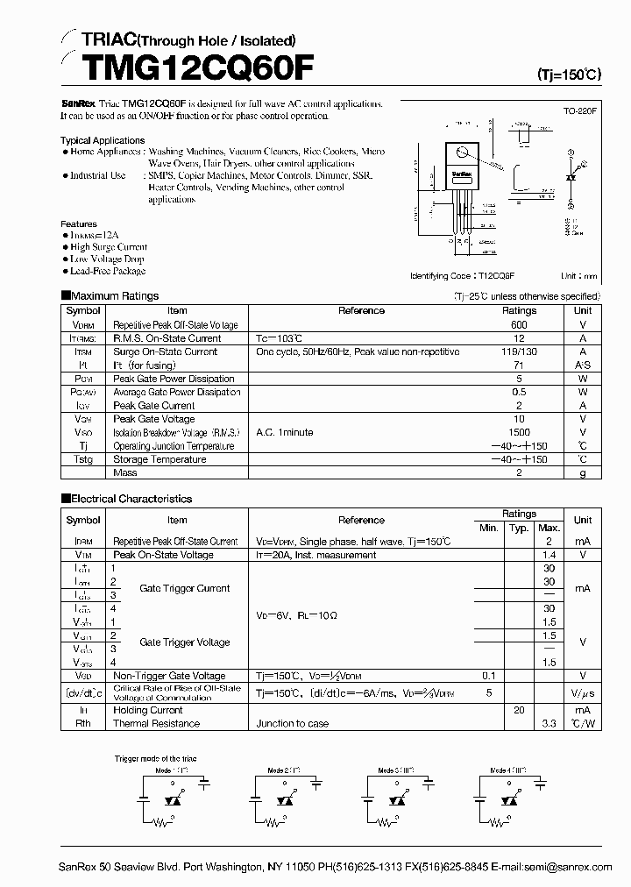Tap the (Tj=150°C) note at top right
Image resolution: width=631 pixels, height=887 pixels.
569,75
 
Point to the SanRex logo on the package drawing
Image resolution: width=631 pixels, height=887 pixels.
461,174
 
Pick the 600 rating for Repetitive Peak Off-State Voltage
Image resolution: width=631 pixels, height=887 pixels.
519,324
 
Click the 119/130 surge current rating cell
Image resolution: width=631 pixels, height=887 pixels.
519,351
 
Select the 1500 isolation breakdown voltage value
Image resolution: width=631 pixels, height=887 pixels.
519,432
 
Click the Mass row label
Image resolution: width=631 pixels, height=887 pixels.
125,472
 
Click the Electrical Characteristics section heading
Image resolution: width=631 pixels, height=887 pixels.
125,499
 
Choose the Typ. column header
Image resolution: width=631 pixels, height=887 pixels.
519,528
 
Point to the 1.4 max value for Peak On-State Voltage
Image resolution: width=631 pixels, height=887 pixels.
549,555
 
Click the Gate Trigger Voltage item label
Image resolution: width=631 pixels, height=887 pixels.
185,642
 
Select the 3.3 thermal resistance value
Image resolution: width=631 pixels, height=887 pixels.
549,724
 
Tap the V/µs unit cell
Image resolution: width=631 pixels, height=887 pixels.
583,692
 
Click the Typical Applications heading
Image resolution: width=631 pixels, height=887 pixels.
103,140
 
